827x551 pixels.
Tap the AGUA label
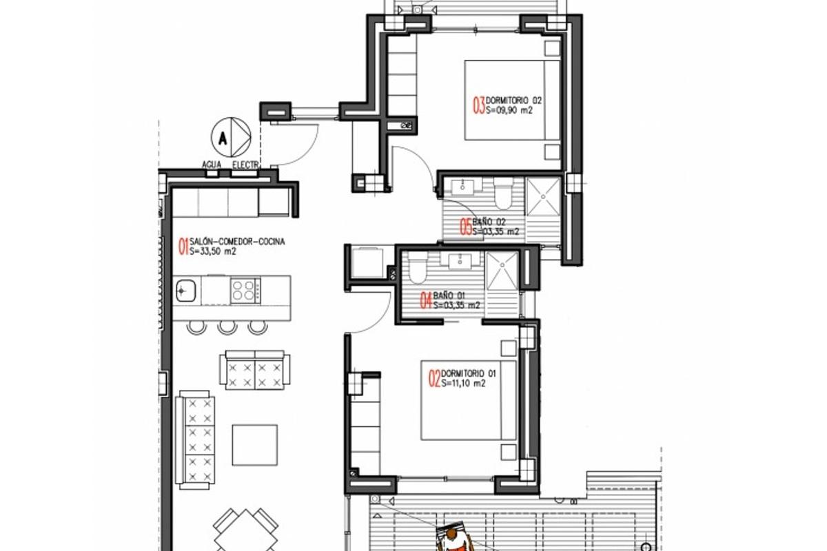coord(212,165)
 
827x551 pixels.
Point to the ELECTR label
coord(245,165)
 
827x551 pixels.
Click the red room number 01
coord(183,247)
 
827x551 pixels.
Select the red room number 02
coord(434,378)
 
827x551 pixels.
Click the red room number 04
coord(427,300)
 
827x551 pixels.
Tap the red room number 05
coord(467,227)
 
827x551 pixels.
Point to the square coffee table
coord(254,445)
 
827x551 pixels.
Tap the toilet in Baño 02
coord(502,195)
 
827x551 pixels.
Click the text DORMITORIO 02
coord(509,101)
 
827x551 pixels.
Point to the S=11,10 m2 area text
coord(464,384)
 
